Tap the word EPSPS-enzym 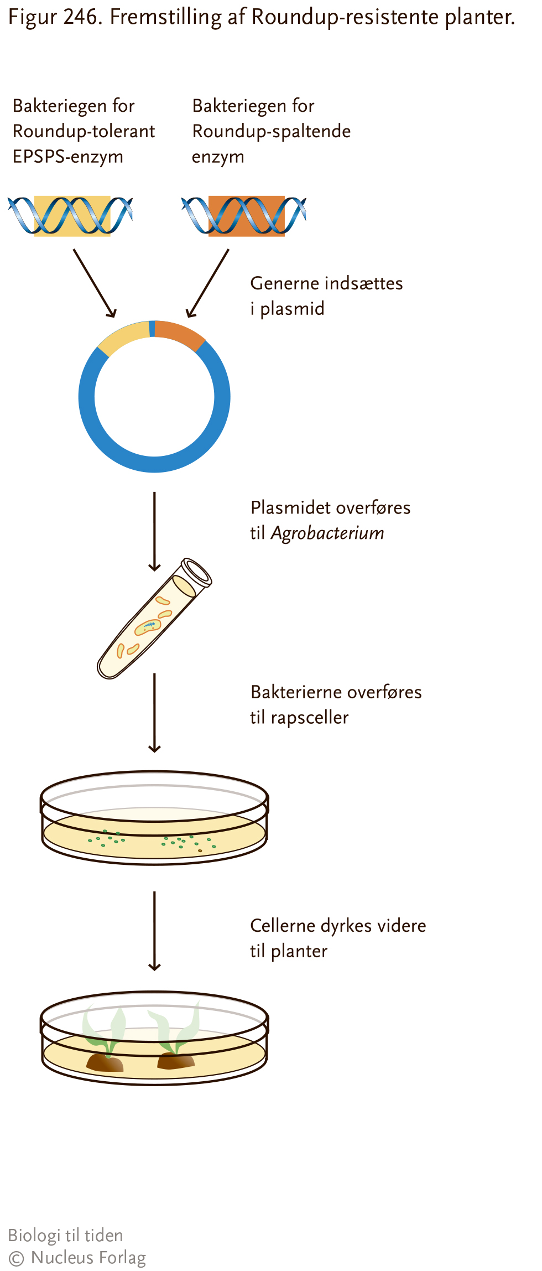[68, 157]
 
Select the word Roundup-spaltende [272, 132]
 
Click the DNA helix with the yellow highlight [70, 216]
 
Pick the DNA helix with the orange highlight [244, 216]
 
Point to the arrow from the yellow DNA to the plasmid [95, 283]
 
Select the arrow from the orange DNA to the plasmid [207, 283]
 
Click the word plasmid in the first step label [292, 309]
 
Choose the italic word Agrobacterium [327, 533]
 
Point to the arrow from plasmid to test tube [155, 531]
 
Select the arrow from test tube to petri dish [155, 713]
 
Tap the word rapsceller [310, 718]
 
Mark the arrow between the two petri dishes [155, 931]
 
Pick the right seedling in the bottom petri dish [175, 1037]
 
